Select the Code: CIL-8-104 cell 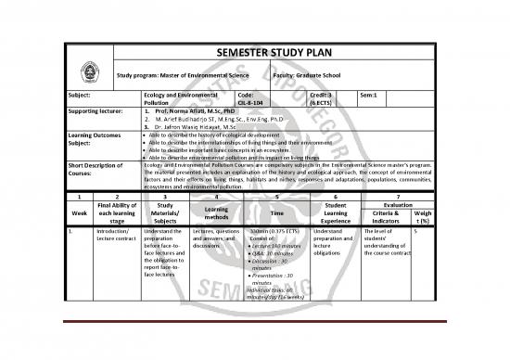253,98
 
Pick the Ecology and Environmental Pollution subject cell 171,98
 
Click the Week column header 79,210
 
